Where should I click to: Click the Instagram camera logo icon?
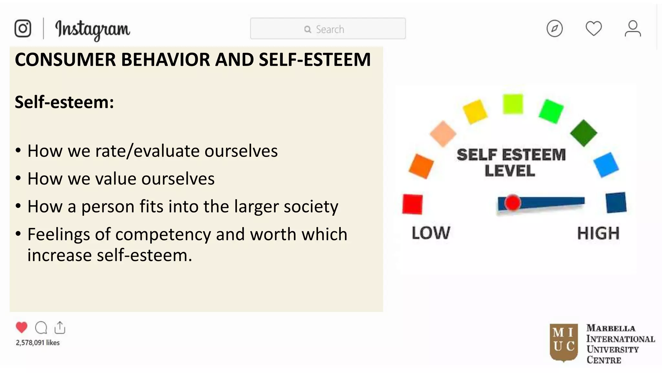click(x=23, y=28)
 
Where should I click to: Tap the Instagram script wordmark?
click(x=92, y=29)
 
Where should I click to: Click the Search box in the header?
click(x=328, y=29)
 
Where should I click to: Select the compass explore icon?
click(x=554, y=28)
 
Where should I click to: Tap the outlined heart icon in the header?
click(x=593, y=28)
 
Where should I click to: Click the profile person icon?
click(x=633, y=28)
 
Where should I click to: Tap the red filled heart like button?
click(x=22, y=327)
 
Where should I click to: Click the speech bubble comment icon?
click(x=41, y=328)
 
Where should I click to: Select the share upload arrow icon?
click(x=60, y=327)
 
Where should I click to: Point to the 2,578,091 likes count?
click(x=38, y=343)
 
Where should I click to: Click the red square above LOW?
click(x=412, y=204)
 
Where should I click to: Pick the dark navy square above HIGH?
click(x=616, y=203)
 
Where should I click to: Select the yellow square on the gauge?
click(x=475, y=111)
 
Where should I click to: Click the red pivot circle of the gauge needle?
click(x=512, y=203)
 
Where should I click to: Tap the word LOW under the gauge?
click(x=431, y=233)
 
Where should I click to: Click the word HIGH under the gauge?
click(x=598, y=233)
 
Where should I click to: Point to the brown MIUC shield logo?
click(x=564, y=342)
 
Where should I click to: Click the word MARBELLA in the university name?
click(x=611, y=328)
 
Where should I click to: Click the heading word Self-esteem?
click(x=64, y=102)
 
